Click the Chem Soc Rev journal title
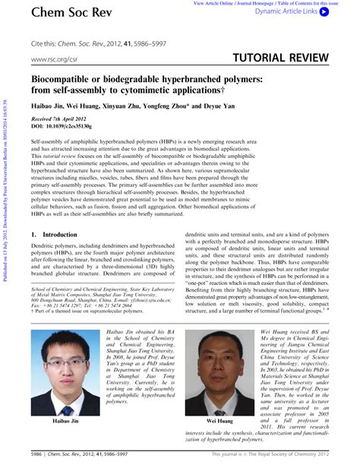pyautogui.click(x=68, y=13)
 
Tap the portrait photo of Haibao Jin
pyautogui.click(x=67, y=383)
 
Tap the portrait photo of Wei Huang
pyautogui.click(x=221, y=383)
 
